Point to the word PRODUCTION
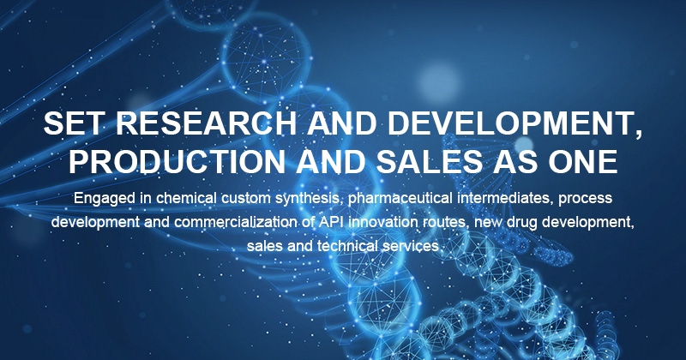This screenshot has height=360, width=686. tap(177, 161)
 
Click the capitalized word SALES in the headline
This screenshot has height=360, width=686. tap(430, 161)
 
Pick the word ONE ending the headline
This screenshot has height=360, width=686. tap(583, 161)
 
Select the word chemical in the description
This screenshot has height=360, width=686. tap(186, 198)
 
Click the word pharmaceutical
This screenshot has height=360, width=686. tap(400, 199)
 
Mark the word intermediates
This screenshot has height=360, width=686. tap(505, 198)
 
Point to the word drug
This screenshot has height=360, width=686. tap(522, 223)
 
